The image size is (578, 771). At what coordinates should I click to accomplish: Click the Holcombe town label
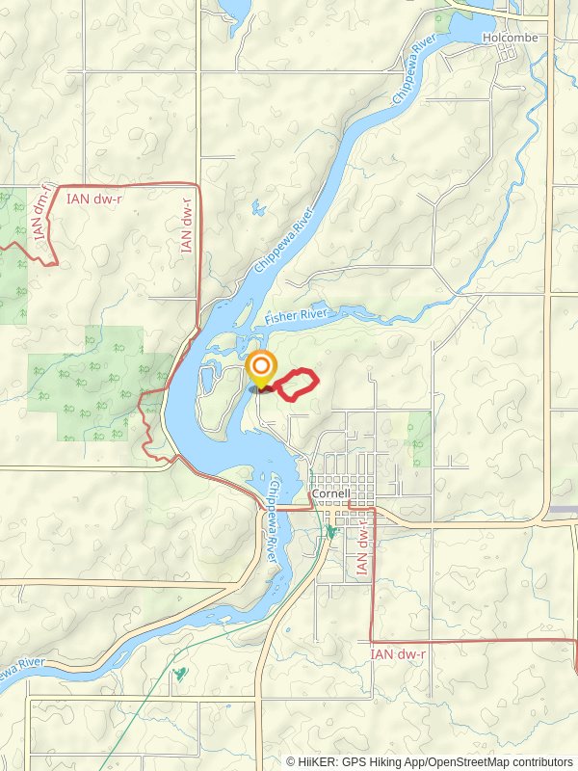click(x=510, y=38)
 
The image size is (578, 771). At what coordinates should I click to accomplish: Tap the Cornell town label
click(x=329, y=495)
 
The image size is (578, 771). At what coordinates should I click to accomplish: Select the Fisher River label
click(x=297, y=316)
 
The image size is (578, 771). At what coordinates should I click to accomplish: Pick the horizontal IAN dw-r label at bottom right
click(x=398, y=654)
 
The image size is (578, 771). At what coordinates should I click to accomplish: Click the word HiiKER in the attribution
click(x=319, y=761)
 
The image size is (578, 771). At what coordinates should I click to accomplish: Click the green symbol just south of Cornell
click(x=330, y=531)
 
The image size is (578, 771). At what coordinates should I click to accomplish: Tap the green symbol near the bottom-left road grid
click(x=178, y=675)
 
